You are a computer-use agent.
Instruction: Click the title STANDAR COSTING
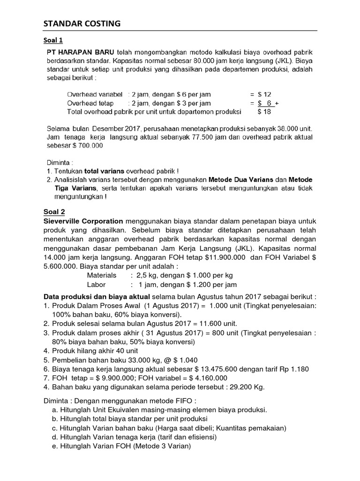tap(82, 23)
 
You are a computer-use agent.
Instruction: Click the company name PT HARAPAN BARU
tap(80, 52)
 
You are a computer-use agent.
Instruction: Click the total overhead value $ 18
tap(265, 112)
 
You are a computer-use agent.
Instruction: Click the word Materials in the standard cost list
tap(101, 275)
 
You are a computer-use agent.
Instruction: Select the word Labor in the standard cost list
tap(96, 285)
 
